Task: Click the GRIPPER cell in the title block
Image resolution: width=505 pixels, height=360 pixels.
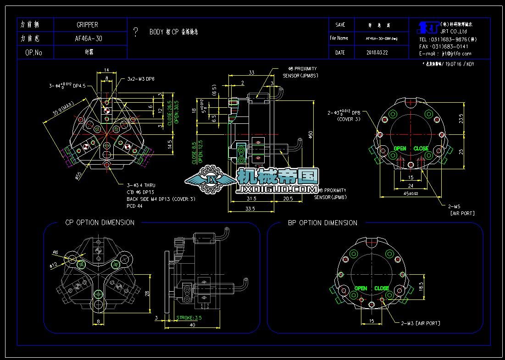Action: tap(87, 25)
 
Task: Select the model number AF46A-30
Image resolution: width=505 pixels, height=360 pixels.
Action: tap(88, 39)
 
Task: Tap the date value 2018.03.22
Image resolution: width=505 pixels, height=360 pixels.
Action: tap(377, 53)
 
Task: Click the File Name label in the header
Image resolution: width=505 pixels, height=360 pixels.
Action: tap(339, 39)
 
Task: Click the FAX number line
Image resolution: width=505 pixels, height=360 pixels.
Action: tap(443, 46)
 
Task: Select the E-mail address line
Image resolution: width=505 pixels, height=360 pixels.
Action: tap(445, 54)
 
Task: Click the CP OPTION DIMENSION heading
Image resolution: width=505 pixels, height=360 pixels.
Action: tap(99, 222)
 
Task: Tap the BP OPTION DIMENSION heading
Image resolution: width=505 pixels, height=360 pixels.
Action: tap(322, 223)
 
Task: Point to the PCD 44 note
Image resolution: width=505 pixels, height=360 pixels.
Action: tap(134, 206)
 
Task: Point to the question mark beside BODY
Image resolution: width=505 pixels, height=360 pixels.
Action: tap(136, 32)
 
